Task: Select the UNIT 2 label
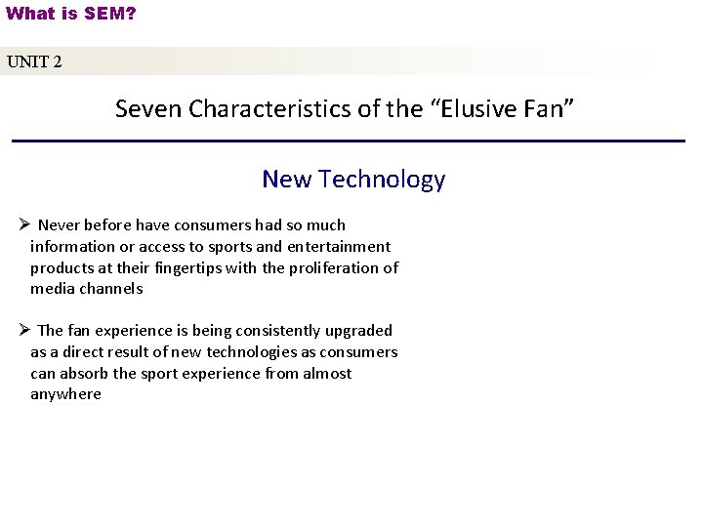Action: [x=35, y=62]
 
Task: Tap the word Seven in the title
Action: [x=149, y=108]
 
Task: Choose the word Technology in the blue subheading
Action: [x=382, y=180]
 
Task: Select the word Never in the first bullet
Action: [x=60, y=225]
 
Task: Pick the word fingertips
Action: [x=181, y=267]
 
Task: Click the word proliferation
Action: [x=329, y=267]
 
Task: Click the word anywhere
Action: [x=65, y=394]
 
